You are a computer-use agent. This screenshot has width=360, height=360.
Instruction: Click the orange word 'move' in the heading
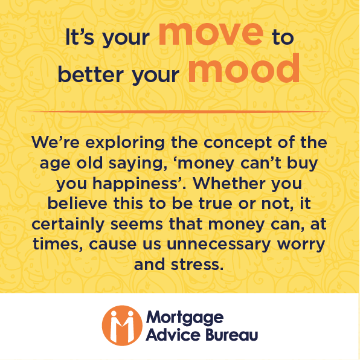click(211, 35)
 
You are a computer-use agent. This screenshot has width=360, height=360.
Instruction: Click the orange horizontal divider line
click(179, 112)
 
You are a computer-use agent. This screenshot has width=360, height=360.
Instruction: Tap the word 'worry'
click(300, 243)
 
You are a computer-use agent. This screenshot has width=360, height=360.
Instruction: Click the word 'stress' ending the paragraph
click(200, 263)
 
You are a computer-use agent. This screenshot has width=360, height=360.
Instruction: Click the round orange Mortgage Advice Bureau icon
click(119, 325)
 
